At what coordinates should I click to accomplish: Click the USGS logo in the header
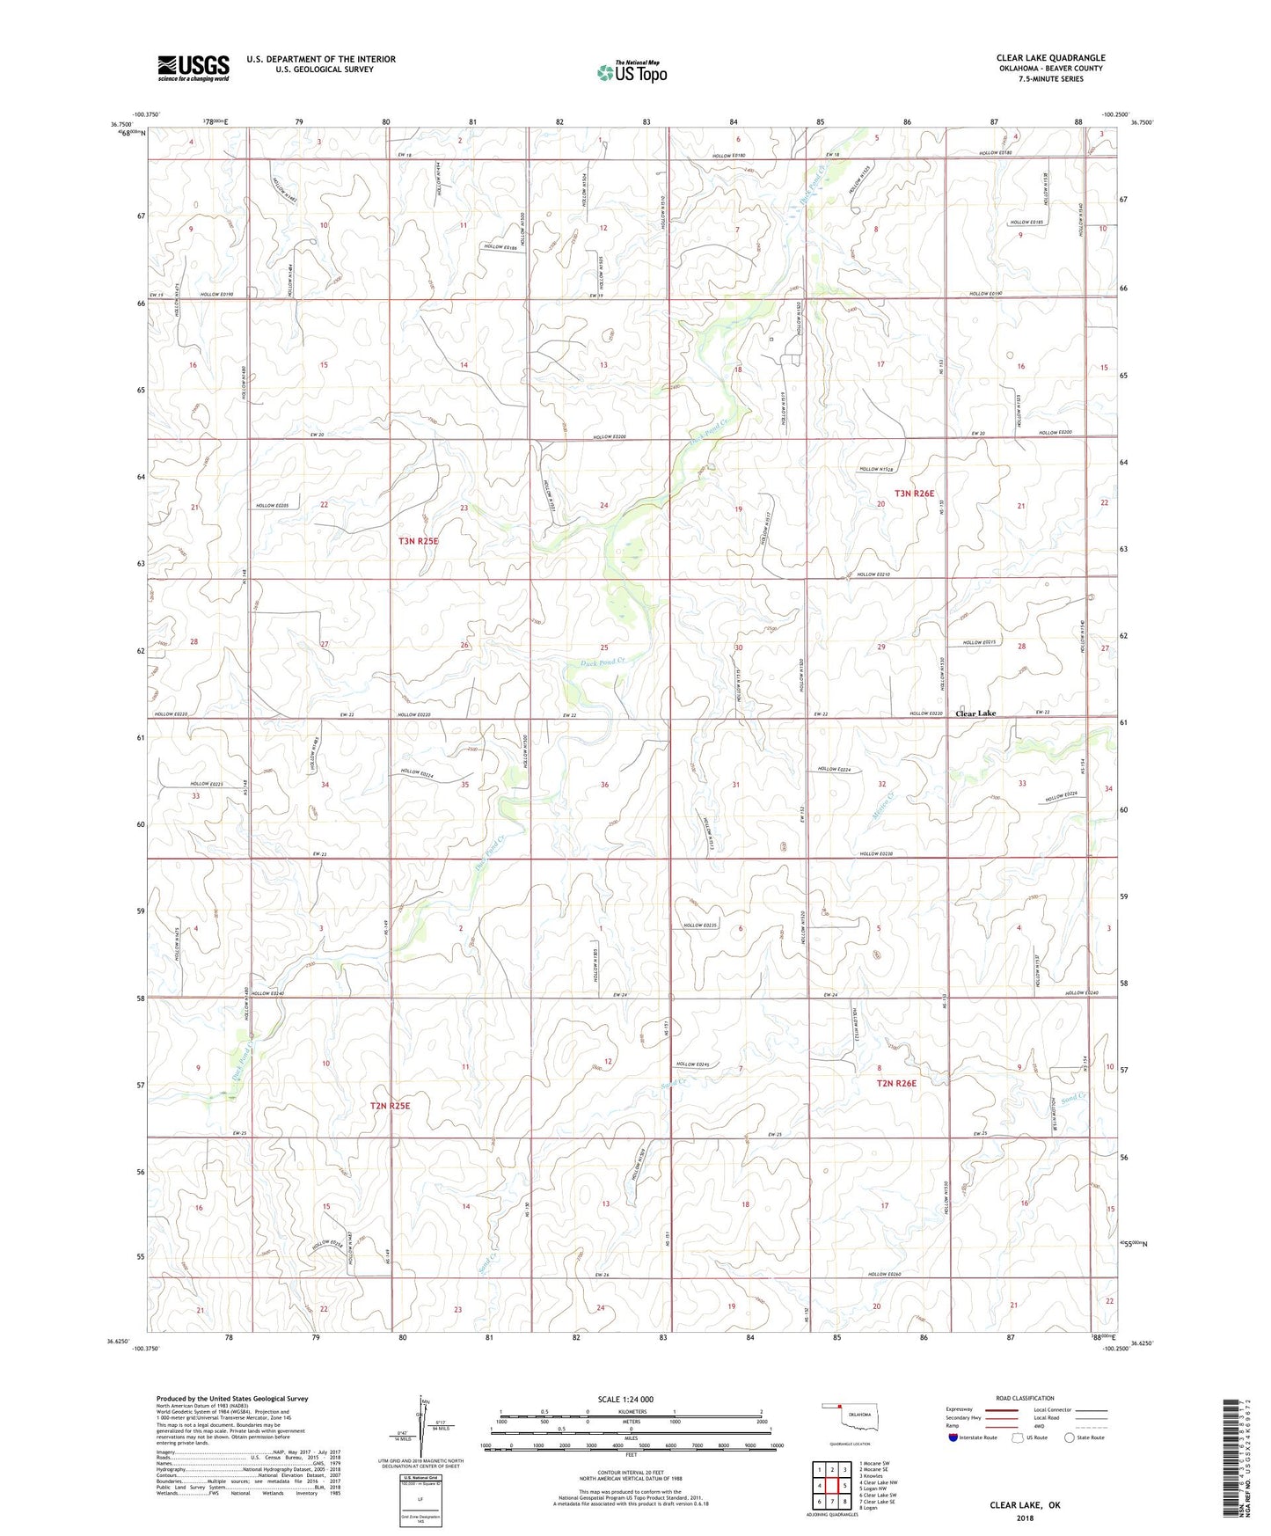click(193, 68)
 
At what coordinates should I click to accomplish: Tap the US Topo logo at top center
click(631, 72)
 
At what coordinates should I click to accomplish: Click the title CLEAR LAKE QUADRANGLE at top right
click(1050, 57)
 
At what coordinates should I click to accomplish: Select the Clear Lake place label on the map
click(975, 713)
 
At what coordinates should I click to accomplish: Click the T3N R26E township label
click(914, 494)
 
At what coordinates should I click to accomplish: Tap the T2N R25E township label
click(390, 1106)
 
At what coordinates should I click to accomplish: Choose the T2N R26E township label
click(896, 1083)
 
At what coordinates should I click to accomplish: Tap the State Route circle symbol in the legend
click(1070, 1437)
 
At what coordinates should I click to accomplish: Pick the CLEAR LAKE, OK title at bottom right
click(1025, 1505)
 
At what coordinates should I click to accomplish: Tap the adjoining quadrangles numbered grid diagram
click(831, 1486)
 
